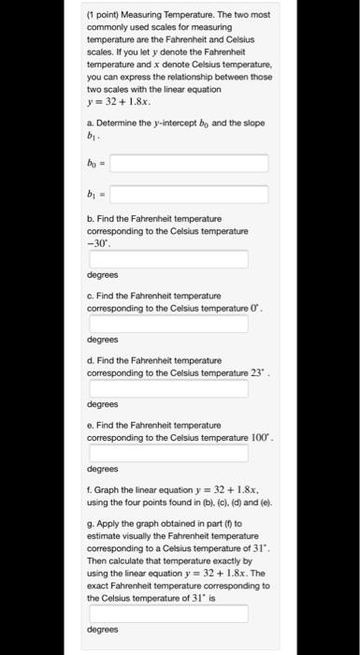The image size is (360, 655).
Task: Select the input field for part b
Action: pos(168,257)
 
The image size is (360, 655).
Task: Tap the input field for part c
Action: pos(168,323)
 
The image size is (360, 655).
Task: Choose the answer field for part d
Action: pos(168,387)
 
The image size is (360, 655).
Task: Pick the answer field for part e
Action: pos(168,453)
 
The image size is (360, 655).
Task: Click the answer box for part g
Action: pos(168,614)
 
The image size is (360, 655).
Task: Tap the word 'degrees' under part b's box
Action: pos(102,275)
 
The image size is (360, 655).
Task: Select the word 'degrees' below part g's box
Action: pos(102,630)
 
